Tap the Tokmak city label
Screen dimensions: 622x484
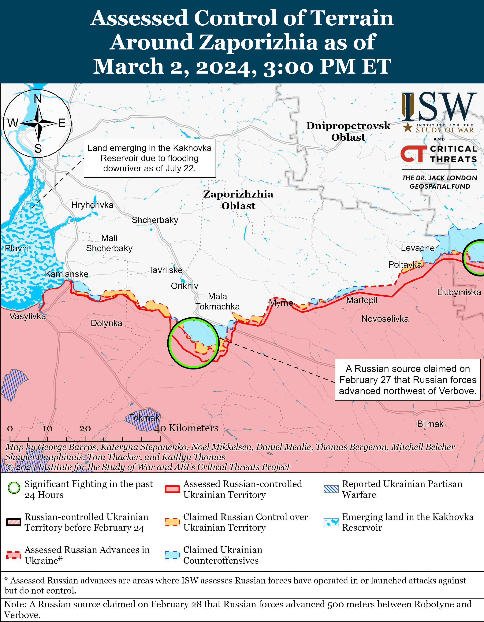point(144,417)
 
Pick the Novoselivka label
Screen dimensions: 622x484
point(385,319)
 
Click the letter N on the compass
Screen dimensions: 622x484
point(38,99)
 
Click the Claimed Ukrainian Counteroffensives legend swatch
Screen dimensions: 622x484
point(172,555)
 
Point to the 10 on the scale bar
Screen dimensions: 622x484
point(47,428)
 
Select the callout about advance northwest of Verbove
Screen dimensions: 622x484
point(408,380)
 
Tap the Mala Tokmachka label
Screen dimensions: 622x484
point(217,301)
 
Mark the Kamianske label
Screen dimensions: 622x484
point(67,274)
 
